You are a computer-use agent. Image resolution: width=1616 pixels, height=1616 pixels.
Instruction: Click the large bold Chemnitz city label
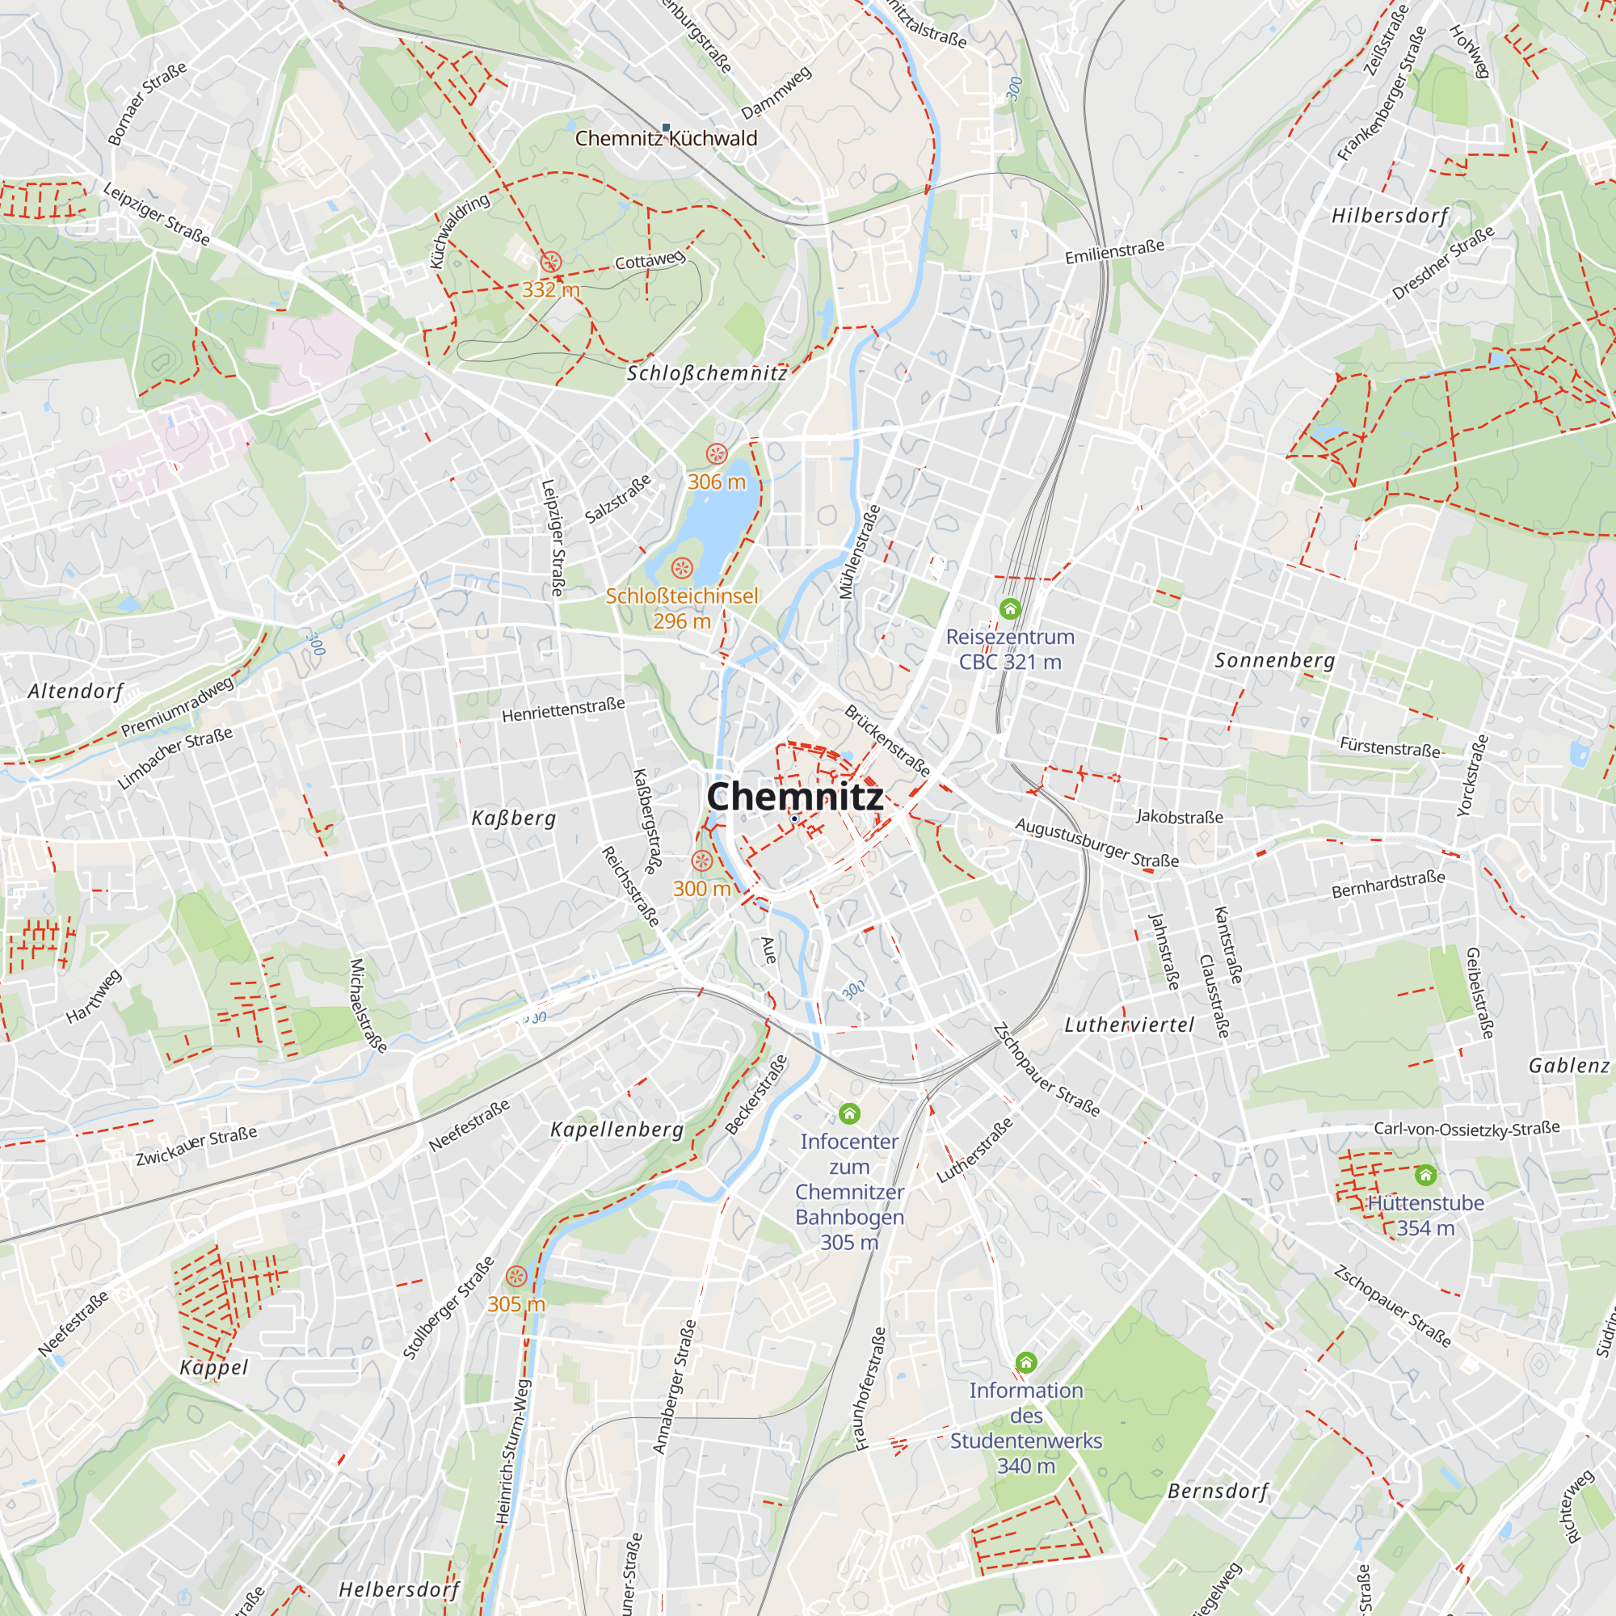(x=794, y=797)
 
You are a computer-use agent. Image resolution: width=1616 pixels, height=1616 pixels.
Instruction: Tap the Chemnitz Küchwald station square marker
(x=666, y=128)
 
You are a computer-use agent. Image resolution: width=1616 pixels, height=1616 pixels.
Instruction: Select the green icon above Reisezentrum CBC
(x=1009, y=608)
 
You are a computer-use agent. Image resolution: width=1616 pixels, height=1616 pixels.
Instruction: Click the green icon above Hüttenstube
(x=1425, y=1175)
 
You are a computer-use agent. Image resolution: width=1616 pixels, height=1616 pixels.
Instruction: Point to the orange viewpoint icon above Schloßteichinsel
(x=682, y=569)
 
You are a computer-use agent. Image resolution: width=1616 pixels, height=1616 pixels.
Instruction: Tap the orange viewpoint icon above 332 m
(x=549, y=263)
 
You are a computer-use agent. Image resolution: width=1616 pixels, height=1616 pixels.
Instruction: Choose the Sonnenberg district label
(x=1274, y=661)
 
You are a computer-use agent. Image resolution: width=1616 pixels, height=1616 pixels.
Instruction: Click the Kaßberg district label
(x=514, y=818)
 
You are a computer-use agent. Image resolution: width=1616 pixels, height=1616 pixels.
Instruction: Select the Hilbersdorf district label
(x=1389, y=216)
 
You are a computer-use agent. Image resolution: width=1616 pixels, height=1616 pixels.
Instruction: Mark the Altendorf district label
(x=75, y=691)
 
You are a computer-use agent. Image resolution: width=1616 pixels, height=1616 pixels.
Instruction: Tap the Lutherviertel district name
(x=1128, y=1025)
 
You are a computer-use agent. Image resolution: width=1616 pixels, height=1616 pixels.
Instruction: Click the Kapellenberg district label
(x=617, y=1130)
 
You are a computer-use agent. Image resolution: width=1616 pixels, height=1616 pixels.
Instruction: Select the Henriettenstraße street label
(x=563, y=710)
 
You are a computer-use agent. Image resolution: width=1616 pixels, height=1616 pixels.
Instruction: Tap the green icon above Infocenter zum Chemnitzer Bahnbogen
(x=849, y=1113)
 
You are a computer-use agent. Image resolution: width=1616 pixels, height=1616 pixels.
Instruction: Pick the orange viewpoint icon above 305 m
(x=516, y=1277)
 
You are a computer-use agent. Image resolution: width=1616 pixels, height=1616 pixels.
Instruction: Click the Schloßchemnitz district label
(x=707, y=373)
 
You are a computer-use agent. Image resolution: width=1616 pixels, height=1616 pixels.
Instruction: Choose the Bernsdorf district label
(x=1217, y=1492)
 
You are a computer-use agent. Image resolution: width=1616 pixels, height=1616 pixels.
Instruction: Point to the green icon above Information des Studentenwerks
(x=1025, y=1362)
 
